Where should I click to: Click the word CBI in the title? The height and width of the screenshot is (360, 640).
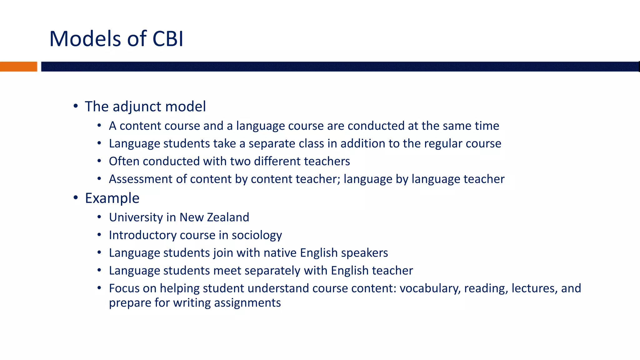168,39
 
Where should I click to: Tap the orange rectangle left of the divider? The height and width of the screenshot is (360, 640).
18,67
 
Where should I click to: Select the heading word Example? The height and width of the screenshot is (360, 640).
112,198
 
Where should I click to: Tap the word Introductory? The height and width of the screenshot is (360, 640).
142,235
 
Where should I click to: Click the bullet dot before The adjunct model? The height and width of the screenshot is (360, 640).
76,106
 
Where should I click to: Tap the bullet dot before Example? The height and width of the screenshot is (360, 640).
76,198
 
